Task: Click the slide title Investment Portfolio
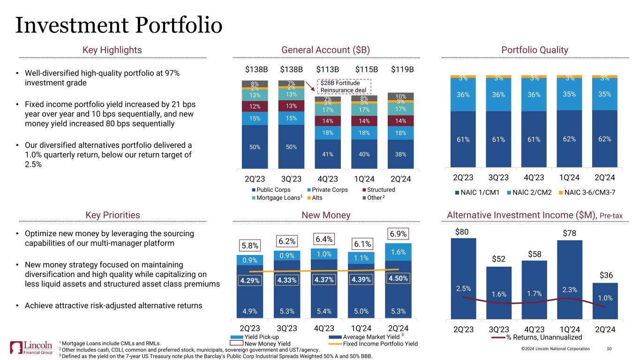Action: point(119,25)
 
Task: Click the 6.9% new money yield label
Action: point(398,233)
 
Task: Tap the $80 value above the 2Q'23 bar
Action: point(463,232)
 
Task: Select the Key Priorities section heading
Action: point(113,215)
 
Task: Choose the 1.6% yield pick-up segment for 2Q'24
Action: point(398,252)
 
